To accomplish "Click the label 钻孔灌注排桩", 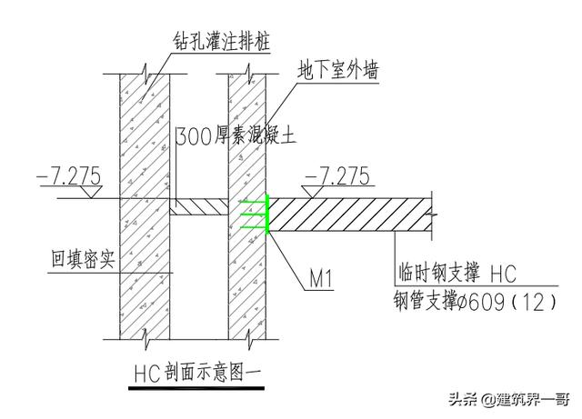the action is (x=222, y=41).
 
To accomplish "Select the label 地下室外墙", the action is (x=337, y=71).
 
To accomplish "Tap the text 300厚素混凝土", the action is (x=236, y=135).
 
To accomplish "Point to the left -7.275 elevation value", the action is (x=69, y=175).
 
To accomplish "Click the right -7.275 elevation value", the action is (x=337, y=175).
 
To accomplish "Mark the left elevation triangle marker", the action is (x=91, y=192).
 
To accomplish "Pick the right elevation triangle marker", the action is (x=313, y=192).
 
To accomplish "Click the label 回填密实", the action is (x=83, y=259).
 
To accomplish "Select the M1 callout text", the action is (x=321, y=278).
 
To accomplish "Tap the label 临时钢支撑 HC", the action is (x=457, y=274).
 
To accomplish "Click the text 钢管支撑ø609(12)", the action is (x=476, y=301).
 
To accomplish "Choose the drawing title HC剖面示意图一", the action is (x=197, y=372).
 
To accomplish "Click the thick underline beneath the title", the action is (x=196, y=388).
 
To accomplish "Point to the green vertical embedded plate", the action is (x=267, y=214).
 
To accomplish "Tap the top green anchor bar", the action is (x=253, y=203).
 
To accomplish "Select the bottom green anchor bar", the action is (x=254, y=227).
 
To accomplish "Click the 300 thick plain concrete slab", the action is (x=199, y=206).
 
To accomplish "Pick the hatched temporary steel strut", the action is (x=350, y=214).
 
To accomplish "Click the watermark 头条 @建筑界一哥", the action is (x=509, y=400).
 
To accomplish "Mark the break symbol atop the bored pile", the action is (x=145, y=74).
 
